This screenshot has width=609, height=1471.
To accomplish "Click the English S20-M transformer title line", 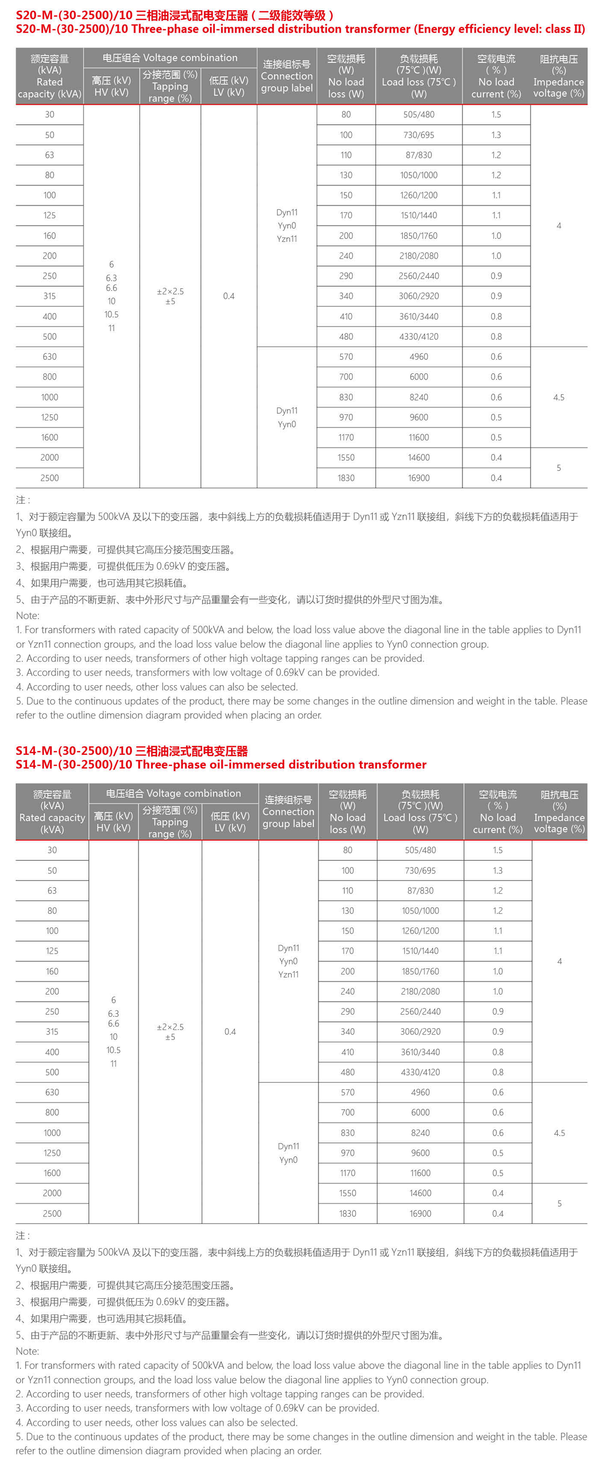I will pyautogui.click(x=300, y=29).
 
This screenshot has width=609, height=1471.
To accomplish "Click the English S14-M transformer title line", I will pyautogui.click(x=221, y=765).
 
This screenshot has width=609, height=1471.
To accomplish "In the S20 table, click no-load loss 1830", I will pyautogui.click(x=346, y=478).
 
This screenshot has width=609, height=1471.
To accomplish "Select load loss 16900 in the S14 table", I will pyautogui.click(x=420, y=1213).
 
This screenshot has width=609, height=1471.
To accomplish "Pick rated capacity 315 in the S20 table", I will pyautogui.click(x=50, y=296).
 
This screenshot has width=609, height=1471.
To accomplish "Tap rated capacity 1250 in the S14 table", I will pyautogui.click(x=52, y=1153).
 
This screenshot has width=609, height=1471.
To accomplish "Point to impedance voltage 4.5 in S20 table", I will pyautogui.click(x=559, y=397).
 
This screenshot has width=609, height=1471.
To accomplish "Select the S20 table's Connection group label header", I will pyautogui.click(x=287, y=76).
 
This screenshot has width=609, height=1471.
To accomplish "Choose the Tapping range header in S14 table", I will pyautogui.click(x=170, y=822).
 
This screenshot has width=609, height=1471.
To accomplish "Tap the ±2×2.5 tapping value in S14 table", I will pyautogui.click(x=170, y=1027).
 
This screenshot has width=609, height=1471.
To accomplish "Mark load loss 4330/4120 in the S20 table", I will pyautogui.click(x=419, y=337).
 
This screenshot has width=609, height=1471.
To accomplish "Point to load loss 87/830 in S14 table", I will pyautogui.click(x=420, y=891).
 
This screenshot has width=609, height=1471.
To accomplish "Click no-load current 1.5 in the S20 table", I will pyautogui.click(x=496, y=115).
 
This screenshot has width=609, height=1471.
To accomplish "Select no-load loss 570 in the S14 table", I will pyautogui.click(x=348, y=1092).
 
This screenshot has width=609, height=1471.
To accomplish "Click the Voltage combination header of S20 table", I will pyautogui.click(x=170, y=58).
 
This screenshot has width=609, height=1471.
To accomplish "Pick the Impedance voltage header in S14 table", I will pyautogui.click(x=559, y=812).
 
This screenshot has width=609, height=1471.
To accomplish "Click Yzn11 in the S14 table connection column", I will pyautogui.click(x=288, y=975).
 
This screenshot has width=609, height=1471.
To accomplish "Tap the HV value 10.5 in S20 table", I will pyautogui.click(x=111, y=314).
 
